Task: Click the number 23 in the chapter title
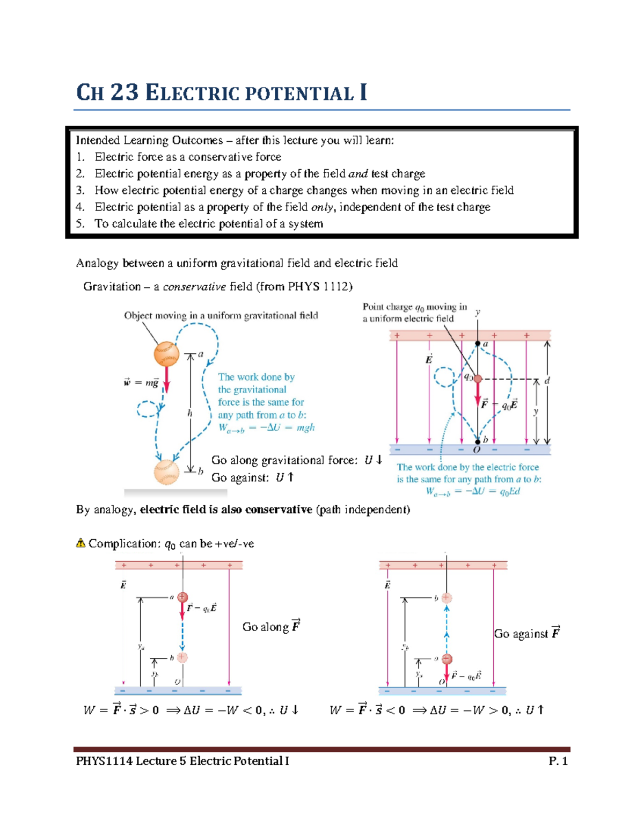(x=125, y=92)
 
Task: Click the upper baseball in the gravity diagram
(x=166, y=354)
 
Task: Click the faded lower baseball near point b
(x=166, y=472)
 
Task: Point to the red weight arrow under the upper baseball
(x=166, y=379)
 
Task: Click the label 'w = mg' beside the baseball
(x=141, y=383)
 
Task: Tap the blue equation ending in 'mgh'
(x=266, y=428)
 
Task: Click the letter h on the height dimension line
(x=189, y=413)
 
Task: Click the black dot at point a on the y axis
(x=478, y=344)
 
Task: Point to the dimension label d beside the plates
(x=547, y=381)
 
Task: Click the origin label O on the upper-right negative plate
(x=477, y=450)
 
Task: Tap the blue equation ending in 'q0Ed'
(x=473, y=491)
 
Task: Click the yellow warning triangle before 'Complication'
(x=80, y=543)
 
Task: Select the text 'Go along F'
(x=271, y=627)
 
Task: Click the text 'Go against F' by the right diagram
(x=527, y=634)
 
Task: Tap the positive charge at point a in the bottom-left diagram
(x=182, y=597)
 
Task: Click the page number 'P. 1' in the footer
(x=558, y=761)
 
